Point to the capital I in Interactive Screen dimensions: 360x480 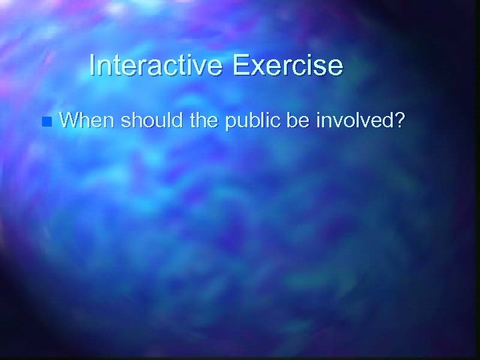tap(92, 65)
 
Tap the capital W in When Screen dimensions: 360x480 tap(67, 121)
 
